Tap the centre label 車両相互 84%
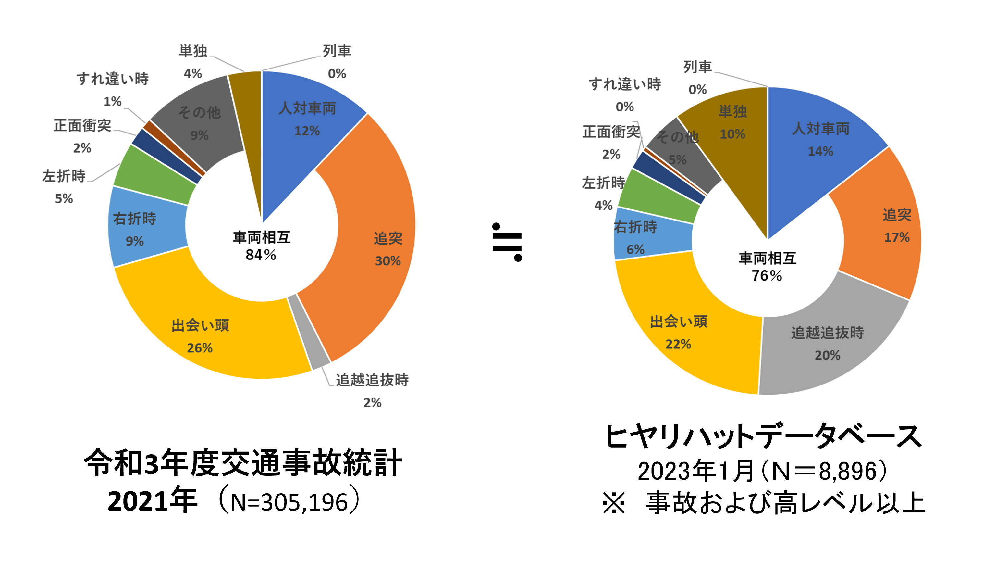coord(261,246)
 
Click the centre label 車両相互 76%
coord(767,267)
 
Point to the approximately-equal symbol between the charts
coord(507,242)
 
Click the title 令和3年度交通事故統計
coord(243,463)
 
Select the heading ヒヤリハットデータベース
coord(763,437)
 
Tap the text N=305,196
coord(289,502)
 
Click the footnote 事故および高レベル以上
coord(785,503)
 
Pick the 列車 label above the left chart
coord(337,51)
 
